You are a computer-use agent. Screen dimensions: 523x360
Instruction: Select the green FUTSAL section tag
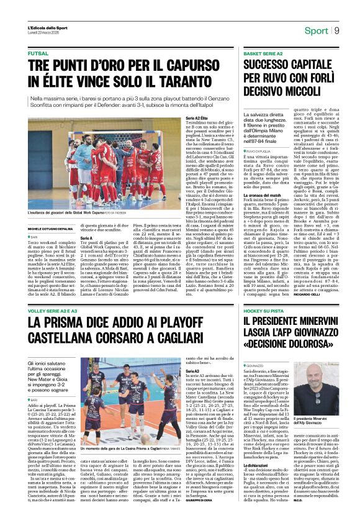pos(37,54)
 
